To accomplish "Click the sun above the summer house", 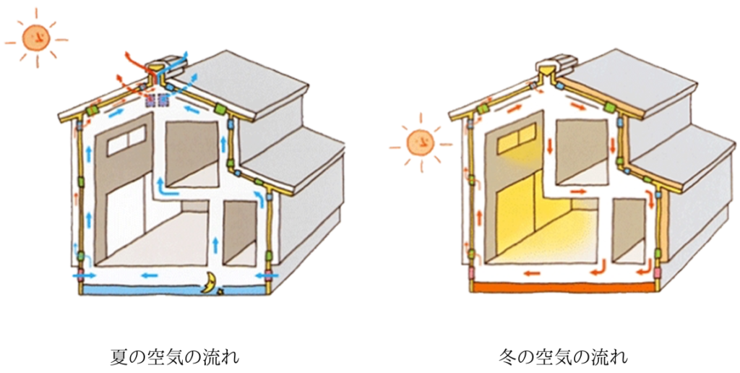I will pyautogui.click(x=35, y=37).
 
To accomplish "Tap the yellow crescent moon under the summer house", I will pyautogui.click(x=210, y=283).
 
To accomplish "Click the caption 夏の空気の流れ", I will pyautogui.click(x=174, y=356).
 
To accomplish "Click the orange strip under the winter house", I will pyautogui.click(x=564, y=288).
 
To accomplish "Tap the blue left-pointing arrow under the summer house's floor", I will pyautogui.click(x=150, y=275).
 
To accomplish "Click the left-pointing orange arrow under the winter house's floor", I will pyautogui.click(x=533, y=274).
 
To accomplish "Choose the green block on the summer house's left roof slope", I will pyautogui.click(x=92, y=110).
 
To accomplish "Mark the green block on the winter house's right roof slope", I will pyautogui.click(x=608, y=107).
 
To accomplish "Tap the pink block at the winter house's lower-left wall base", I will pyautogui.click(x=470, y=274).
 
